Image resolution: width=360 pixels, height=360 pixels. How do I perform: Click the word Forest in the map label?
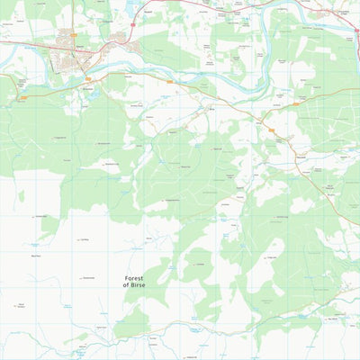pyautogui.click(x=133, y=279)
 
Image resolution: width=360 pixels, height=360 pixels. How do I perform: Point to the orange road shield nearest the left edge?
pyautogui.click(x=24, y=96)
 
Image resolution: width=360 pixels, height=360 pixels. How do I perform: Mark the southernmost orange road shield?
pyautogui.click(x=271, y=131)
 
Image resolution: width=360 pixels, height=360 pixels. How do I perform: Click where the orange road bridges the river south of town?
pyautogui.click(x=86, y=70)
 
